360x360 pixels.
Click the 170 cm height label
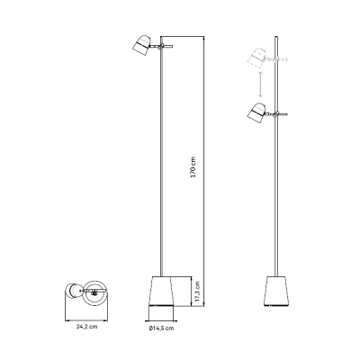pyautogui.click(x=193, y=167)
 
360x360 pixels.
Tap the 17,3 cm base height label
pyautogui.click(x=197, y=291)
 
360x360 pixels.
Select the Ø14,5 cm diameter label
pyautogui.click(x=161, y=328)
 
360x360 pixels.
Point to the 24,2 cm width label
pyautogui.click(x=86, y=327)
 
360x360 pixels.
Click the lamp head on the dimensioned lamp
pyautogui.click(x=141, y=45)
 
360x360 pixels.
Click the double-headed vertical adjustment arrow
pyautogui.click(x=260, y=85)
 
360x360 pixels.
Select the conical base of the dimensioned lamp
pyautogui.click(x=161, y=292)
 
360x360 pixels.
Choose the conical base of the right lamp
pyautogui.click(x=276, y=292)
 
